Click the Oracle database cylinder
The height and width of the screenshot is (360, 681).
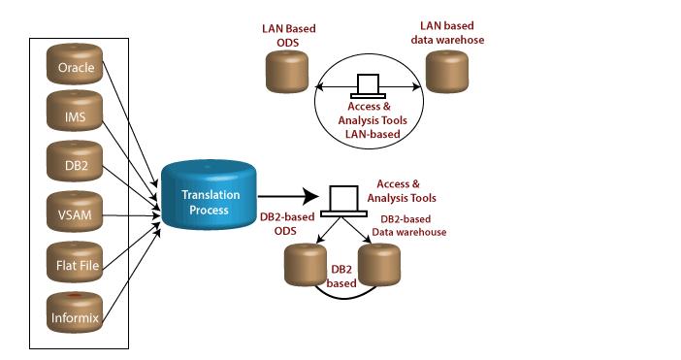coord(75,67)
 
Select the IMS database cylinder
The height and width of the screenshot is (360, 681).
coord(75,115)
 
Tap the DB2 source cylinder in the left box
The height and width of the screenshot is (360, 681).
coord(75,164)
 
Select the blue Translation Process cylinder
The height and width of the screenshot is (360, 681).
coord(210,197)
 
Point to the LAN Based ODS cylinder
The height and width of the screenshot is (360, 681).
coord(286,72)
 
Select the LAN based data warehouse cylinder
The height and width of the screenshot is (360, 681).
coord(447,72)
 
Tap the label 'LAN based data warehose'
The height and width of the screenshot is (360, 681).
coord(451,33)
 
